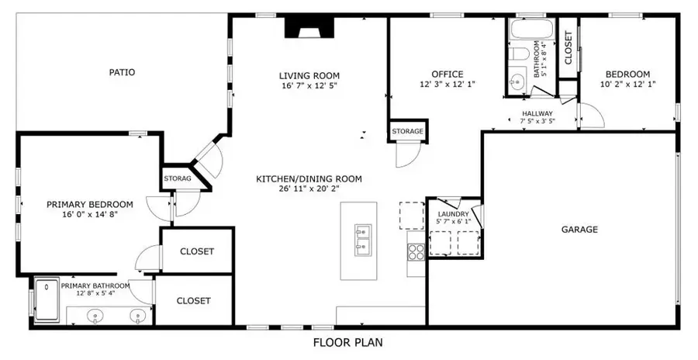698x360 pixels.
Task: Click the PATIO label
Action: tap(122, 72)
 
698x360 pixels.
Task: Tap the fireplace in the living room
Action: tap(309, 29)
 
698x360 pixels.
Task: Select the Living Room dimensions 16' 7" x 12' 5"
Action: tap(309, 85)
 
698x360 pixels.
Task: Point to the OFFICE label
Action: tap(447, 74)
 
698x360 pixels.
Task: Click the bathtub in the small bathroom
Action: tap(531, 29)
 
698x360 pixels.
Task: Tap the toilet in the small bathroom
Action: tap(518, 54)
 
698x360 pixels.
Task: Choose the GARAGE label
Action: tap(579, 230)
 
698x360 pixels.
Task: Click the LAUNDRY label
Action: tap(453, 214)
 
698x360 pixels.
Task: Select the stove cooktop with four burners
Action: tap(416, 251)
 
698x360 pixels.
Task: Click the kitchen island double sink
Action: tap(362, 241)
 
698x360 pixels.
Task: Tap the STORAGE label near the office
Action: tap(407, 131)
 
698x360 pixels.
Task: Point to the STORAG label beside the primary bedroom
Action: tap(177, 178)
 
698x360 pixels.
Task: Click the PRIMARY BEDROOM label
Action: tap(90, 205)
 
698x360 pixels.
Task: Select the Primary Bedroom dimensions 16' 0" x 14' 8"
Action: tap(90, 215)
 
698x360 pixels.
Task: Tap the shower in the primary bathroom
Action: tap(47, 299)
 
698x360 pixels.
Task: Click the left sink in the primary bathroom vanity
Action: tap(95, 316)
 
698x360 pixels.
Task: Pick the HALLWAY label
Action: tap(537, 113)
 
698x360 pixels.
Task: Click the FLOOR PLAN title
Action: tap(347, 343)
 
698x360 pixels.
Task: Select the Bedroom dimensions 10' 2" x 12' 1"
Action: tap(627, 84)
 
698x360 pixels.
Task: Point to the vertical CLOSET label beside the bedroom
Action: tap(568, 47)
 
